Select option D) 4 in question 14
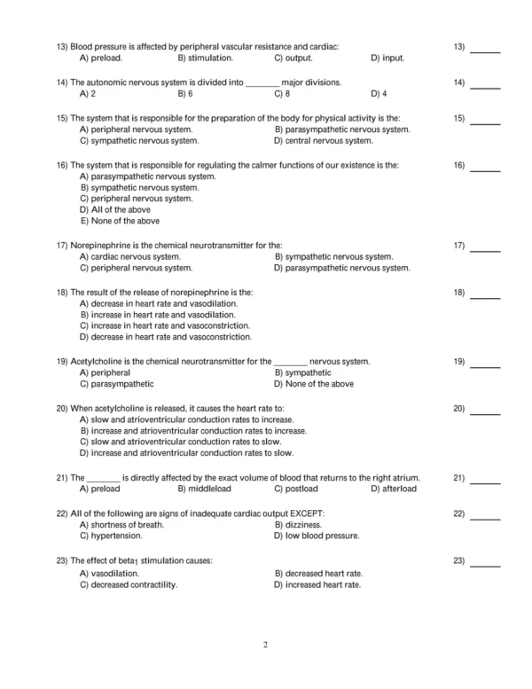[x=379, y=93]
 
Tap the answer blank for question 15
[x=485, y=121]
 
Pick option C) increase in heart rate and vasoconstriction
[x=165, y=325]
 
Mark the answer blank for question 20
[x=485, y=412]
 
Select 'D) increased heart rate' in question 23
[x=318, y=585]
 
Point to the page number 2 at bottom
[x=265, y=645]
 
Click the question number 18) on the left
[x=62, y=292]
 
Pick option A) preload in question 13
[x=100, y=59]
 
